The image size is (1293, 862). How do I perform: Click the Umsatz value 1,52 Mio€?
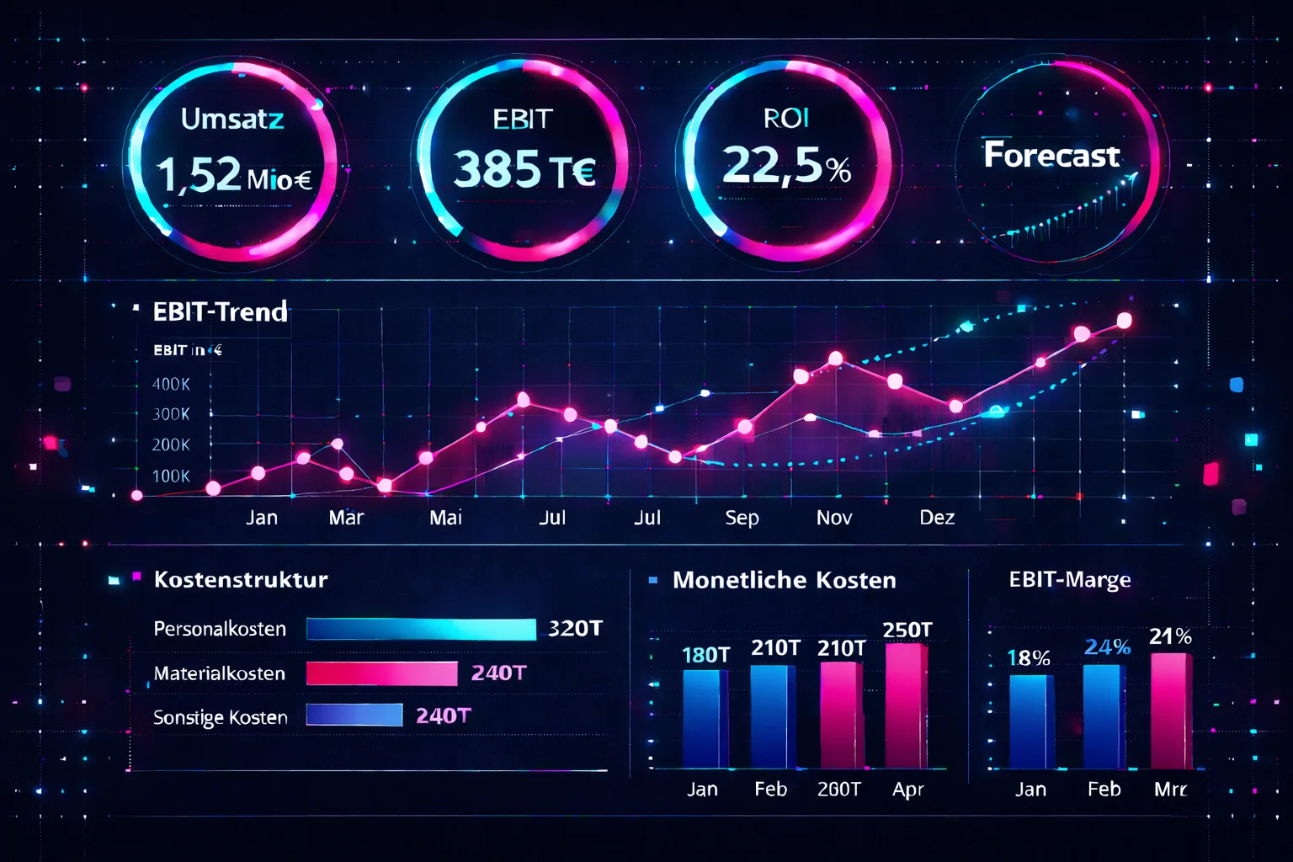(x=233, y=175)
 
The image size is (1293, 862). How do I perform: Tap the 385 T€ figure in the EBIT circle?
(x=524, y=169)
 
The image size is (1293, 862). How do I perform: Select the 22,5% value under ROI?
(x=786, y=165)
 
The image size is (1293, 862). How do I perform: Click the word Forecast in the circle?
(x=1051, y=155)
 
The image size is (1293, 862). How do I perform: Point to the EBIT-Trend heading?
(x=220, y=311)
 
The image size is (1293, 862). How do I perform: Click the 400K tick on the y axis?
(x=171, y=384)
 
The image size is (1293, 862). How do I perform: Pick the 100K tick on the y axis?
(x=171, y=476)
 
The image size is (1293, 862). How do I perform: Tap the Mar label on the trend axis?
(x=346, y=518)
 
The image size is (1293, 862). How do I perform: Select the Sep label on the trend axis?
(x=742, y=518)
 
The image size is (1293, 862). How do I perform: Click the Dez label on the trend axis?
(x=937, y=518)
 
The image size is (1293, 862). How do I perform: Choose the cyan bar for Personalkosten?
(x=421, y=629)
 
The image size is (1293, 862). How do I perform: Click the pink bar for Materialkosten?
(x=381, y=673)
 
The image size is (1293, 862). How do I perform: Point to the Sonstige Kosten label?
(x=221, y=717)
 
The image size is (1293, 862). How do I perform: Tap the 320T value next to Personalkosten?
(x=575, y=629)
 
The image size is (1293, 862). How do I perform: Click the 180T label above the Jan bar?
(x=705, y=655)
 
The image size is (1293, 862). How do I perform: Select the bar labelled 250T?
(x=906, y=705)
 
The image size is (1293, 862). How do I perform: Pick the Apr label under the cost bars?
(x=907, y=790)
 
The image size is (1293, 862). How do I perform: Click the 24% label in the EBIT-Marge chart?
(x=1107, y=647)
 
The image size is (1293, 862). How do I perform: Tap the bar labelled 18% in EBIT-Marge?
(x=1030, y=721)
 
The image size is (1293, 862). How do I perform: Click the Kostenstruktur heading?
(x=241, y=580)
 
